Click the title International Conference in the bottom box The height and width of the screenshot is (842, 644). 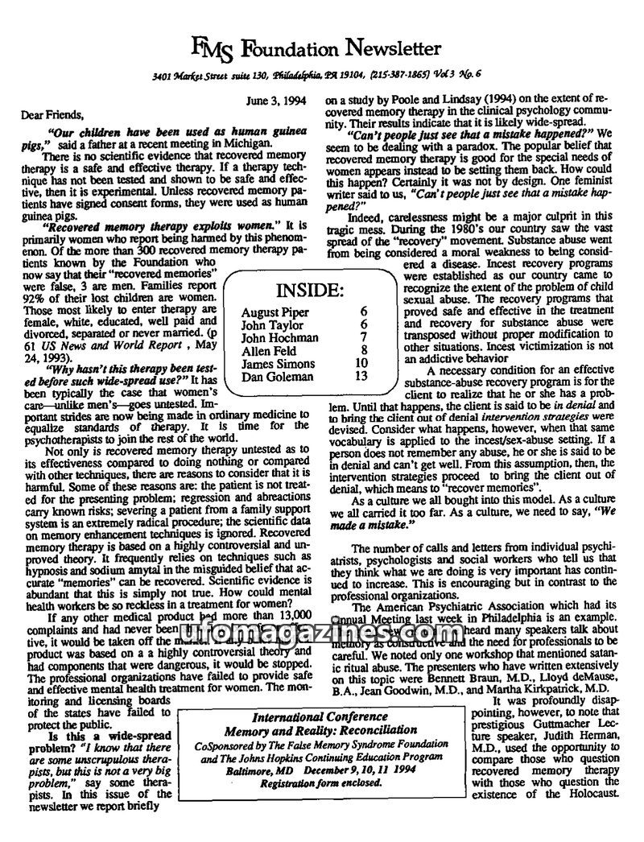tap(320, 716)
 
